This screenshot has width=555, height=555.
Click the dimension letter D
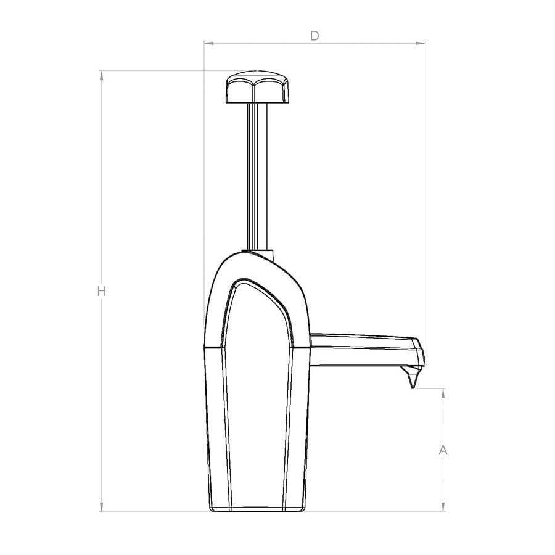tap(314, 36)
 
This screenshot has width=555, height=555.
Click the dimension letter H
tap(102, 291)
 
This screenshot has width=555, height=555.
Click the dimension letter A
tap(443, 451)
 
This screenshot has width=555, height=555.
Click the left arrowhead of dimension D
tap(208, 43)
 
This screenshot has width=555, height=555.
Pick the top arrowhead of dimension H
tap(101, 75)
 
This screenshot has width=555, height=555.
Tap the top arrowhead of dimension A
tap(443, 393)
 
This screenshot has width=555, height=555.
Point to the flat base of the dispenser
tap(257, 509)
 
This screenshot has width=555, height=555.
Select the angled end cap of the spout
tap(419, 353)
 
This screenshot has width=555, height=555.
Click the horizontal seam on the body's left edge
tap(212, 347)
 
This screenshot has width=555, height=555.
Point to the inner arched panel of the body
tap(257, 321)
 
